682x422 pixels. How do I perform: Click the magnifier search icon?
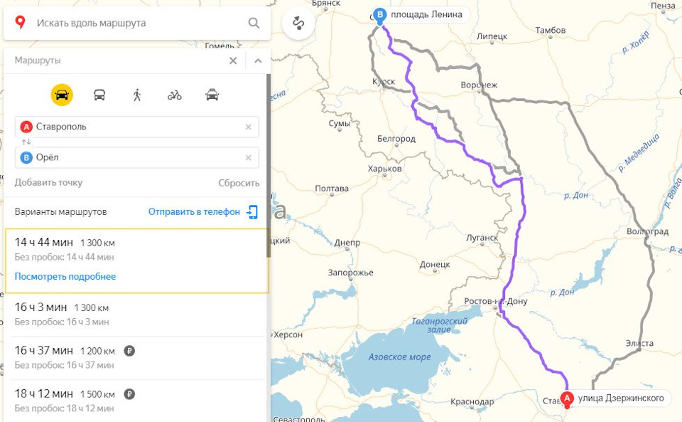tap(254, 23)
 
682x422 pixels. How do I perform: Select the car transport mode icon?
tap(62, 95)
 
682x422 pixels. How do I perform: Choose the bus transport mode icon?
tap(99, 95)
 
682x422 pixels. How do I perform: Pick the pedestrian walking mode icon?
tap(137, 95)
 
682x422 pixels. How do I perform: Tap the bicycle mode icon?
tap(175, 95)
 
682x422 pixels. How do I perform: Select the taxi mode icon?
tap(212, 95)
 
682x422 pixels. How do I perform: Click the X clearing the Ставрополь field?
tap(248, 127)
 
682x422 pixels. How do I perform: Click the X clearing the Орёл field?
tap(248, 158)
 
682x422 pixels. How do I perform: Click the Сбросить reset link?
tap(239, 183)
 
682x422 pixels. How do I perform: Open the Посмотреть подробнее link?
tap(65, 276)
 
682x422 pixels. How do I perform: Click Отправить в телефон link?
tap(194, 211)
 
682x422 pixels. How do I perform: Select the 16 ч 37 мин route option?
tap(44, 350)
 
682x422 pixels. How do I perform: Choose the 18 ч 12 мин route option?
tap(44, 393)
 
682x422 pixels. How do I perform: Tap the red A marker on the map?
tap(567, 399)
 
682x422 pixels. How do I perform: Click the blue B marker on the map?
tap(381, 14)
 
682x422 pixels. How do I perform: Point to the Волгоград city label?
tap(647, 232)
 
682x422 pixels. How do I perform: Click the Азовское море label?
tap(399, 357)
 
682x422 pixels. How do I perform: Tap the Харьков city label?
tap(385, 169)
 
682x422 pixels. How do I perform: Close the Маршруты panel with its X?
tap(233, 60)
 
